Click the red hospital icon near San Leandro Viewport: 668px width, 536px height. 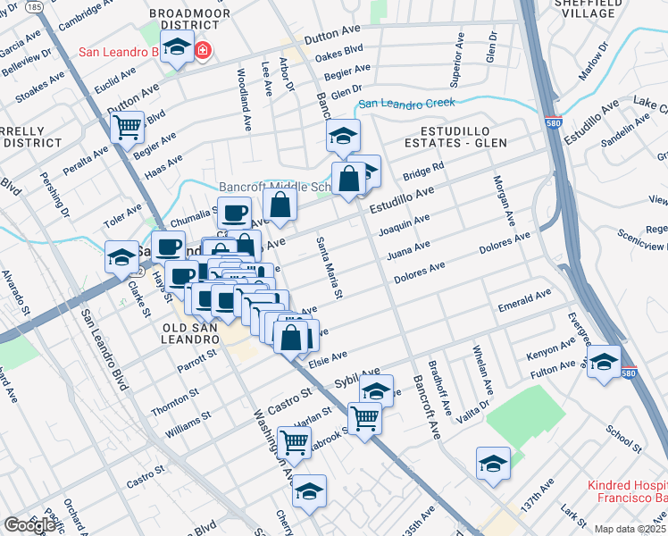pos(203,52)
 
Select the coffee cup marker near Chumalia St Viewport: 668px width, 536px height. pos(234,213)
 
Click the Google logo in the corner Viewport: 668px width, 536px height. pos(29,525)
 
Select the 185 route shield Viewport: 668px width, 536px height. pos(34,6)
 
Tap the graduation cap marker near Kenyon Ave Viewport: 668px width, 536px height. pos(605,361)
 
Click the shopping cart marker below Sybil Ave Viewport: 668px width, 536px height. pos(364,416)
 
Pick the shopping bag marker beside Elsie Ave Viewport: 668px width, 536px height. pos(291,338)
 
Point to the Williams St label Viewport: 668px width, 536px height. pos(188,422)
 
